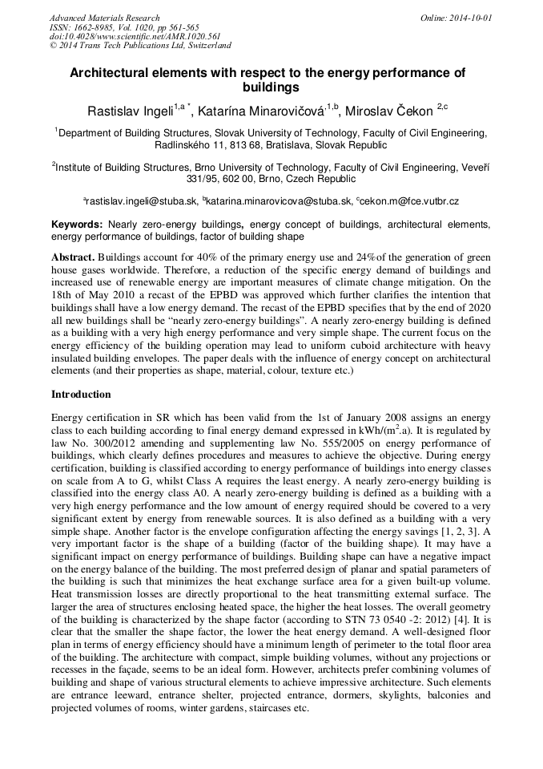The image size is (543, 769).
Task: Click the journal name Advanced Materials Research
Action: pos(104,18)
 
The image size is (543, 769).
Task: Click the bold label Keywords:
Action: pos(77,225)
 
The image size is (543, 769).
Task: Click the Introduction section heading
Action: pos(81,395)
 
